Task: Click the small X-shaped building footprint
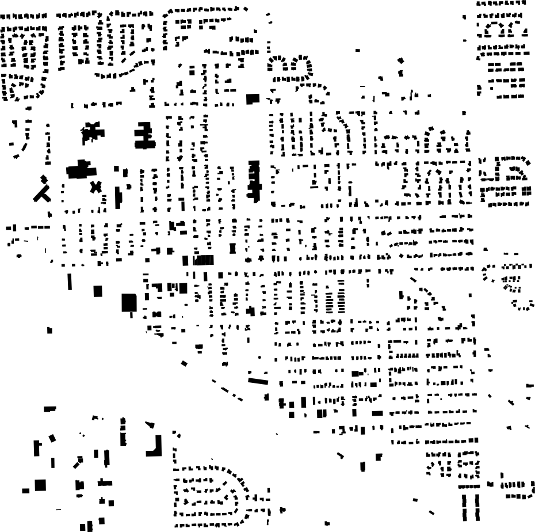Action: coord(95,187)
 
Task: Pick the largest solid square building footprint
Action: coord(129,302)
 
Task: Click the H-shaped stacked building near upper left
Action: coord(144,136)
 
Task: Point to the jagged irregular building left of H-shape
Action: coord(91,132)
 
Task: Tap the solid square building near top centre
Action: coord(252,98)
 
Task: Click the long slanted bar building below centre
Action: coord(258,380)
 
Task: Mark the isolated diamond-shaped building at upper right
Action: coord(401,60)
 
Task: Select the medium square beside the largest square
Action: coord(98,291)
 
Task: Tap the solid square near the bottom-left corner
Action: coord(40,485)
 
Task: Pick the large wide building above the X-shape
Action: coord(80,170)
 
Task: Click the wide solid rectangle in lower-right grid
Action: coord(377,413)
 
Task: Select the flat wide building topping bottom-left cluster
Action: coord(50,408)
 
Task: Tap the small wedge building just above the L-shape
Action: coord(151,425)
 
